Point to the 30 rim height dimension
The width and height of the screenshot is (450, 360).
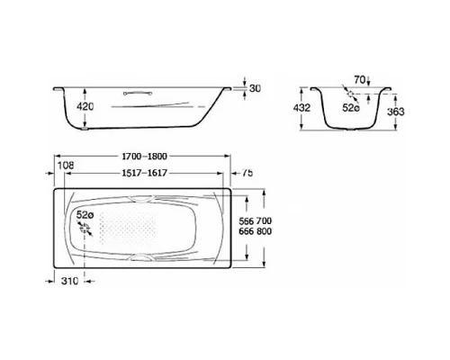pyautogui.click(x=256, y=88)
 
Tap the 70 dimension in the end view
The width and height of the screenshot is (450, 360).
pyautogui.click(x=358, y=81)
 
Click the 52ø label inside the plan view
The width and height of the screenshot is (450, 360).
pyautogui.click(x=85, y=216)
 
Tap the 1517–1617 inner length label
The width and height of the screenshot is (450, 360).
pyautogui.click(x=146, y=173)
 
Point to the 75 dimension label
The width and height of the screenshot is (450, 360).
pyautogui.click(x=247, y=174)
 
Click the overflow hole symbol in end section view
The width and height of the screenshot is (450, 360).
pyautogui.click(x=349, y=94)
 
